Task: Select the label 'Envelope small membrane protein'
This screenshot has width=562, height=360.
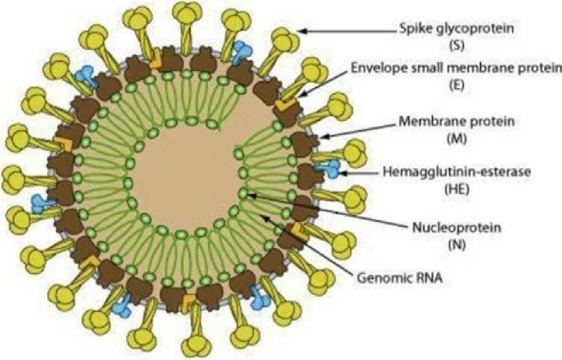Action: [455, 69]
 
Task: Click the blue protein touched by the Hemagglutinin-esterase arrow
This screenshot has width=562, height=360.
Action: [328, 169]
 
